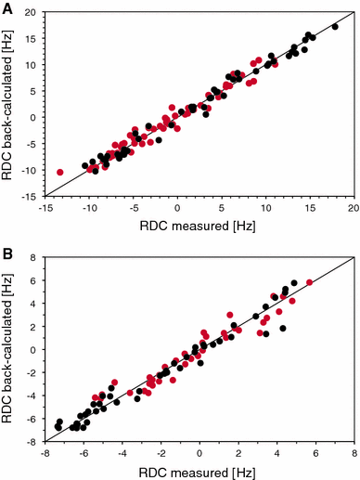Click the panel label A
[x=6, y=8]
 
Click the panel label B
[x=6, y=253]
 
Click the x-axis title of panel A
[x=199, y=227]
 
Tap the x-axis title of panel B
[x=199, y=471]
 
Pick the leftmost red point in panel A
[x=60, y=172]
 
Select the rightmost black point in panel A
[x=335, y=27]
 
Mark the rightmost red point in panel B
[x=309, y=282]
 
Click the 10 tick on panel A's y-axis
[x=33, y=65]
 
